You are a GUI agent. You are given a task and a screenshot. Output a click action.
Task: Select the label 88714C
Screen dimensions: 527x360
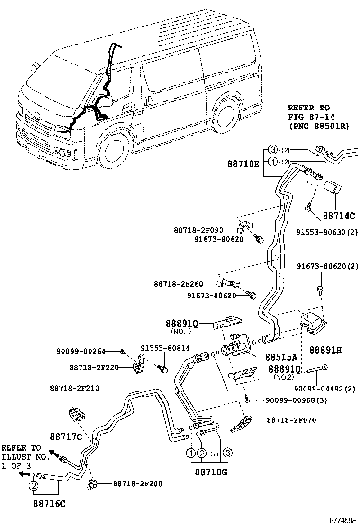tap(339, 216)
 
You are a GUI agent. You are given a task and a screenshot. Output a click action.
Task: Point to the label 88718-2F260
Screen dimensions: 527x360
tap(178, 284)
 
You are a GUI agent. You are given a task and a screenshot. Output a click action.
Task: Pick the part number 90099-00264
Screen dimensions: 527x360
tap(81, 351)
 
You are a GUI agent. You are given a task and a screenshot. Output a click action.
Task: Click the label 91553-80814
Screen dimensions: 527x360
tap(165, 348)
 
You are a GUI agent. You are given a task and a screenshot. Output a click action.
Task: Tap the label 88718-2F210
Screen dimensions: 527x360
tap(74, 388)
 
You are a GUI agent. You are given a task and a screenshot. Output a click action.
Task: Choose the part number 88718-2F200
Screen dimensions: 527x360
tap(137, 484)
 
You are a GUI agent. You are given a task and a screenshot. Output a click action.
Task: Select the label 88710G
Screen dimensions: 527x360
tap(211, 472)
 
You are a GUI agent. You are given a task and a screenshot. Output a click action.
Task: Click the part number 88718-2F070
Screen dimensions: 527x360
tap(291, 419)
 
